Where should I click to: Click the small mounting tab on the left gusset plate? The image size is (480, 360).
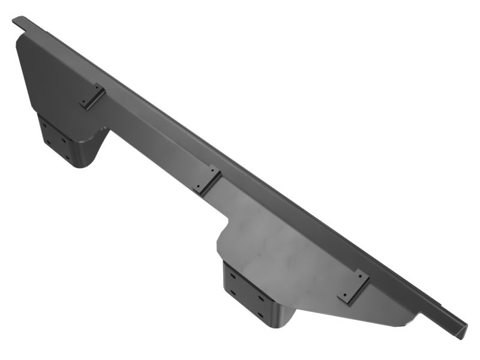coord(92,97)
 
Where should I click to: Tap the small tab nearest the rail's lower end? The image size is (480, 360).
coord(353,285)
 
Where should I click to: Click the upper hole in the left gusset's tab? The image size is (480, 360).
coord(97,88)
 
